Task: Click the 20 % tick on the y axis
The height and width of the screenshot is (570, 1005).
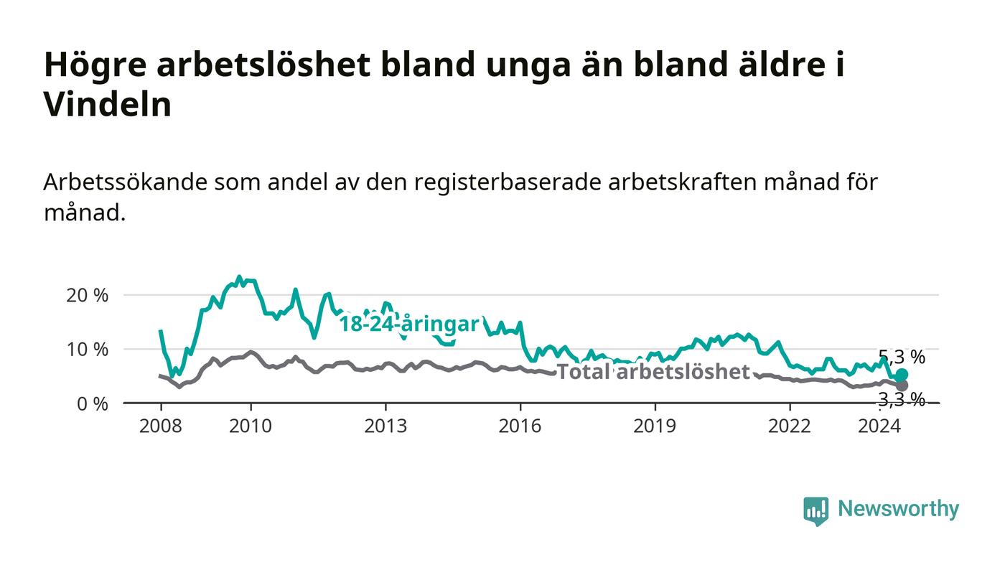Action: point(87,296)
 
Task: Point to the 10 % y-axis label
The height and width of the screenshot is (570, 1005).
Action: point(87,350)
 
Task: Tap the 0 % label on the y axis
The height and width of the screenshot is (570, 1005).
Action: point(93,404)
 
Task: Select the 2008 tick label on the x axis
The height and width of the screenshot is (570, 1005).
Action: point(161,426)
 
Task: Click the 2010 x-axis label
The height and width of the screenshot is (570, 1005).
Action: point(251,426)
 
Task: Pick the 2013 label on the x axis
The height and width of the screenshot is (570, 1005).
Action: point(385,426)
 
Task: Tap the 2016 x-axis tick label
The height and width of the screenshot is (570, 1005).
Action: point(520,426)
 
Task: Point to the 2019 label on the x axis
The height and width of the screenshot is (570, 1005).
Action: point(655,426)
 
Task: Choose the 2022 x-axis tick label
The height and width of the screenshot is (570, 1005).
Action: point(790,426)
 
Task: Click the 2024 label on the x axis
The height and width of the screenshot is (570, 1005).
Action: point(879,426)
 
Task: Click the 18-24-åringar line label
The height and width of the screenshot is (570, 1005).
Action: point(409,324)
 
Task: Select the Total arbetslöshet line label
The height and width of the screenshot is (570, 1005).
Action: point(653,372)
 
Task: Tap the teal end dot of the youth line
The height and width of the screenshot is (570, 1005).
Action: point(902,374)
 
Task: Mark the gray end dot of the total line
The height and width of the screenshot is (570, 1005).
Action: point(902,386)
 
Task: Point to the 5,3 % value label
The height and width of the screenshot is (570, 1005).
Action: point(902,358)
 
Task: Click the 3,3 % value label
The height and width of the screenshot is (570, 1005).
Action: point(902,399)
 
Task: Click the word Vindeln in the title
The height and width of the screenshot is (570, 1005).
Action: point(108,104)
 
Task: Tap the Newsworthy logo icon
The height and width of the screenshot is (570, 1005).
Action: point(816,510)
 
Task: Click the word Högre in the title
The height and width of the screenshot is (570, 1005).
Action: point(95,65)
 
